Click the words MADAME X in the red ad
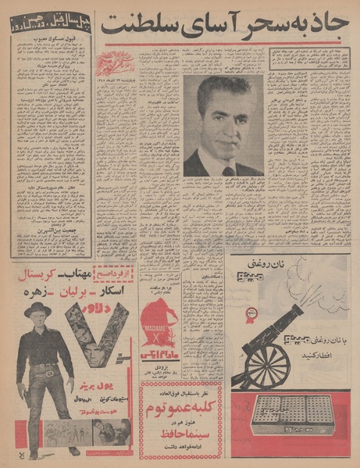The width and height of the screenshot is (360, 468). pyautogui.click(x=164, y=328)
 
